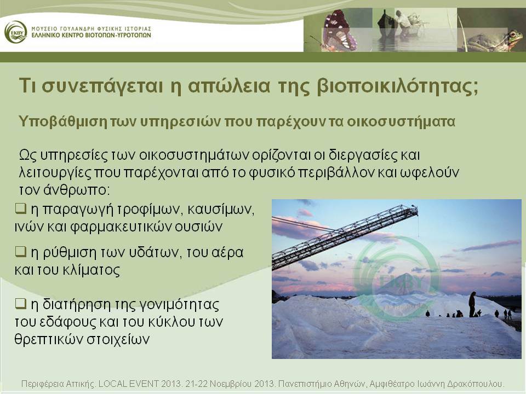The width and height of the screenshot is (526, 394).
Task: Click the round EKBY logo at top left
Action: tap(16, 32)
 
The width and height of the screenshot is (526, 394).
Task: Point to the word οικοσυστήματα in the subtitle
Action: tap(401, 121)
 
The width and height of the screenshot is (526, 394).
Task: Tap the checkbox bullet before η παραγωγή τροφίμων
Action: tap(20, 208)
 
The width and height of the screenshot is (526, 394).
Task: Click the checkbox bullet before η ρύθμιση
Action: tap(20, 251)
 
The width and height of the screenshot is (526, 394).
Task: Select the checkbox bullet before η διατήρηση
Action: tap(20, 304)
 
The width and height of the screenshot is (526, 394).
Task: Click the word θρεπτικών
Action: tap(48, 339)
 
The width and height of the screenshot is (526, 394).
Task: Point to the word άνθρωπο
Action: tap(77, 190)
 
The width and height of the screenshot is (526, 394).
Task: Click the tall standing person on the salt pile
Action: tap(472, 304)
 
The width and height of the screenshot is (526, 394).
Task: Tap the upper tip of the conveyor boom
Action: tap(416, 208)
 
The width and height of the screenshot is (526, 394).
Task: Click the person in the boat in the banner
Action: tap(402, 20)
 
